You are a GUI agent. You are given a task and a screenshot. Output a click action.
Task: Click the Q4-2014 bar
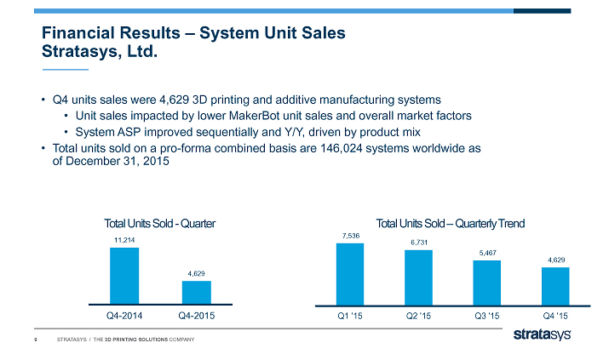[124, 275]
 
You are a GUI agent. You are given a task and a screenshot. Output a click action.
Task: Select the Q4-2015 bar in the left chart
[196, 292]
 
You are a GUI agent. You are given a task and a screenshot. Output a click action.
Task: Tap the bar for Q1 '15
[350, 273]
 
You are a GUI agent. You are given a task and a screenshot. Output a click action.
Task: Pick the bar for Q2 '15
[418, 277]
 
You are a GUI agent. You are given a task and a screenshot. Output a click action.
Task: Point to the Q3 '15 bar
[486, 282]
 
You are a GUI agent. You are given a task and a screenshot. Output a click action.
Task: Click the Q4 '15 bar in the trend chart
[554, 285]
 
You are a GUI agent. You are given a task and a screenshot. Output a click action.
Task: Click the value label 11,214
[124, 241]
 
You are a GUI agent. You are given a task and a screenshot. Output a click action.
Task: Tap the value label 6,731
[418, 243]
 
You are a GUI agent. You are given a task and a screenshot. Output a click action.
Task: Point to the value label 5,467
[486, 253]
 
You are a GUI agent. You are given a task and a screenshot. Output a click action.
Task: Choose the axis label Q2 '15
[418, 317]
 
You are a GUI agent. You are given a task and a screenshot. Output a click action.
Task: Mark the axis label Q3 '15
[486, 317]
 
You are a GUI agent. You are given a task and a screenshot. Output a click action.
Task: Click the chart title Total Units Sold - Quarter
[159, 223]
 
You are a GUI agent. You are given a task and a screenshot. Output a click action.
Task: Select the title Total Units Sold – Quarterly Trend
[451, 223]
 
